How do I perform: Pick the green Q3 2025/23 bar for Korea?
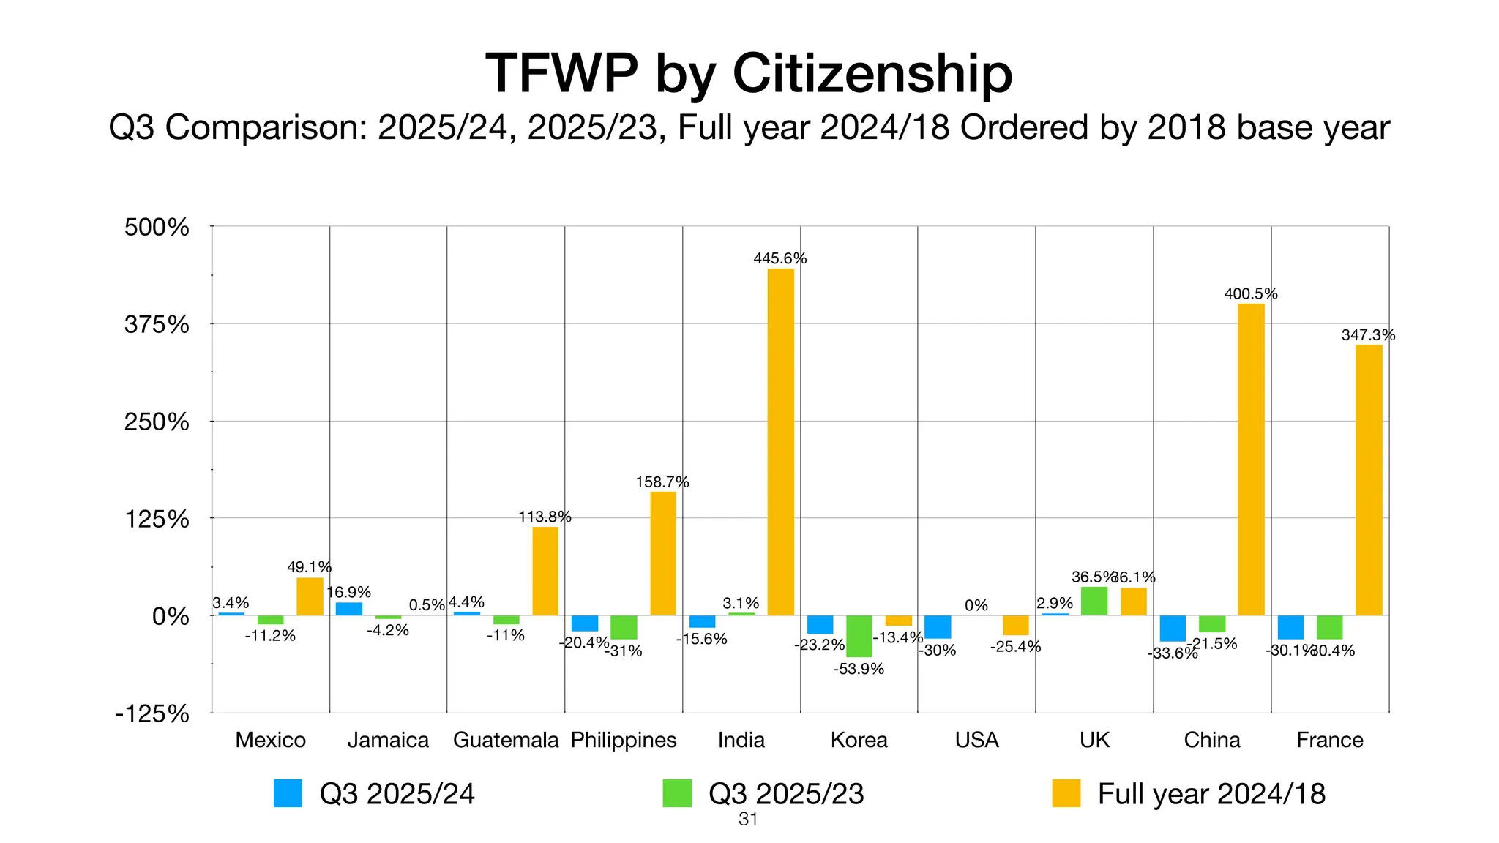pos(859,636)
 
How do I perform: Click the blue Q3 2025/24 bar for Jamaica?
pos(349,609)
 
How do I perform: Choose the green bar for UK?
pos(1094,601)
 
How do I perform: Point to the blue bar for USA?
pos(938,627)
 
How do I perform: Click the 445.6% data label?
pos(780,258)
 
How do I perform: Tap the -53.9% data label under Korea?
pos(859,669)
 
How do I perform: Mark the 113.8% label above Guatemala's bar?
pos(545,517)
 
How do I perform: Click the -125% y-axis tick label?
pos(152,713)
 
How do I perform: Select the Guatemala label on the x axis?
pos(506,740)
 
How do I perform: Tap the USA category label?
pos(976,740)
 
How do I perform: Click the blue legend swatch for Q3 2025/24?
pos(288,793)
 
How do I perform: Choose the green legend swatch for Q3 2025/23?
pos(677,793)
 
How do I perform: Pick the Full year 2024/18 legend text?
pos(1211,794)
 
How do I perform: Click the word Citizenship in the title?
pos(872,73)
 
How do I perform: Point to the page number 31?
pos(748,820)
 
